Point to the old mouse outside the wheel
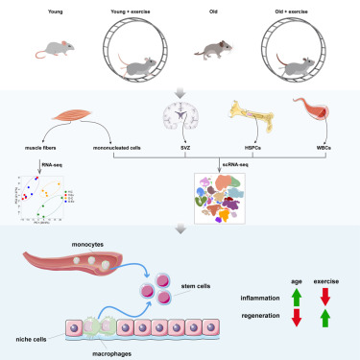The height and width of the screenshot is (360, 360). pos(215,53)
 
